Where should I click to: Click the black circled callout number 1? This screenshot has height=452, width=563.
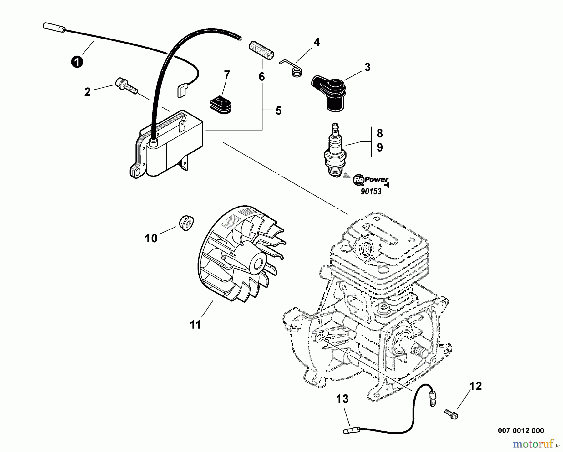77,61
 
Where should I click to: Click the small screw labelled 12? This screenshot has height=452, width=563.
451,413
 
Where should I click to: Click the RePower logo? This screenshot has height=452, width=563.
371,180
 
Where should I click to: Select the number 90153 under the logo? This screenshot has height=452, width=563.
371,192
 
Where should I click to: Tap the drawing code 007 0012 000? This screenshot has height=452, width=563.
521,431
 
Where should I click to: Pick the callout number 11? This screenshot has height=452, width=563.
195,325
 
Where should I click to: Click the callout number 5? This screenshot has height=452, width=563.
278,110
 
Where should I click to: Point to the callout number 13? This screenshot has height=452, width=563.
342,399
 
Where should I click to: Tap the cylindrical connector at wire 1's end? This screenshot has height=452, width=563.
54,27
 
